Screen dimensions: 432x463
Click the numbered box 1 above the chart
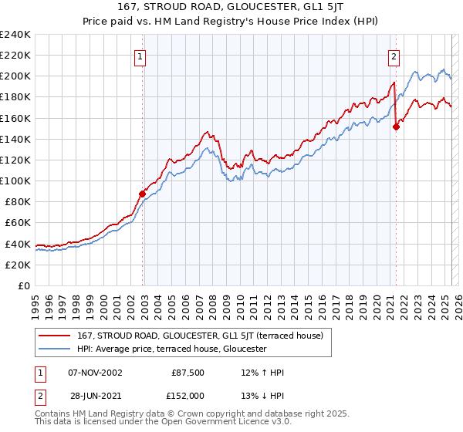[x=140, y=56]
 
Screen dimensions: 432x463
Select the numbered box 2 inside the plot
[x=394, y=56]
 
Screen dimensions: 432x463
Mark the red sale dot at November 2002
[x=143, y=194]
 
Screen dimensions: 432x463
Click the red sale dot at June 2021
[x=396, y=127]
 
